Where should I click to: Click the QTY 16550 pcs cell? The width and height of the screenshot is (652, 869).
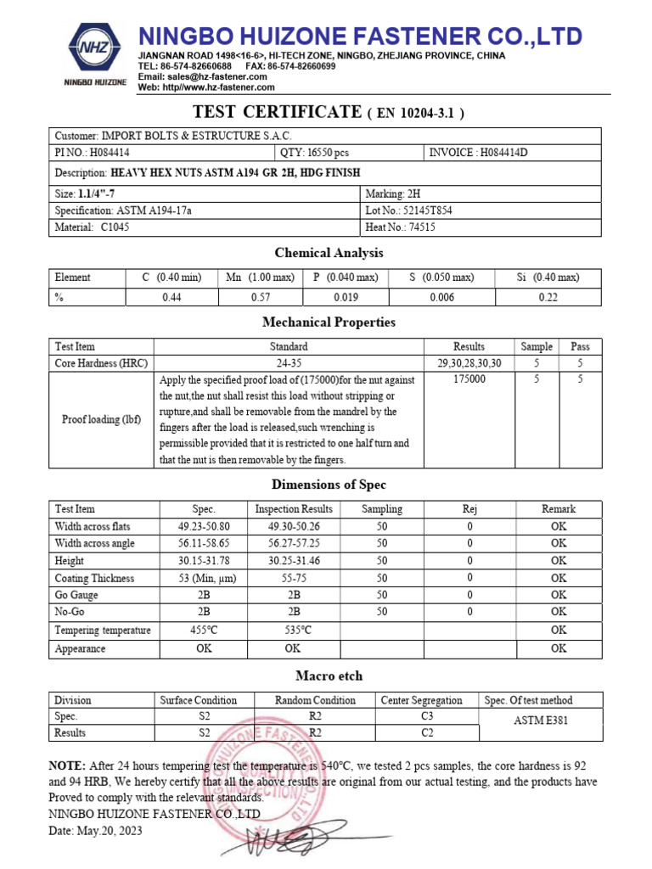pos(314,153)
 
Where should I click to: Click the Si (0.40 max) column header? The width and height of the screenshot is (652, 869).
pos(548,278)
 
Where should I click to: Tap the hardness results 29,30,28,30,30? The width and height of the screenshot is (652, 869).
pos(469,362)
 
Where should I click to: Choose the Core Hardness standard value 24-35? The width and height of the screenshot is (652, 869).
pos(289,362)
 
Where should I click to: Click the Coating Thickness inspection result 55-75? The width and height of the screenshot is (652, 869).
pos(294,579)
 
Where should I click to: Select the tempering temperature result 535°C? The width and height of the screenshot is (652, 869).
pos(294,631)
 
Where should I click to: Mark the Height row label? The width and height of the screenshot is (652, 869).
pos(70,561)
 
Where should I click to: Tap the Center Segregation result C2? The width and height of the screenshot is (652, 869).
pos(427,732)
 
